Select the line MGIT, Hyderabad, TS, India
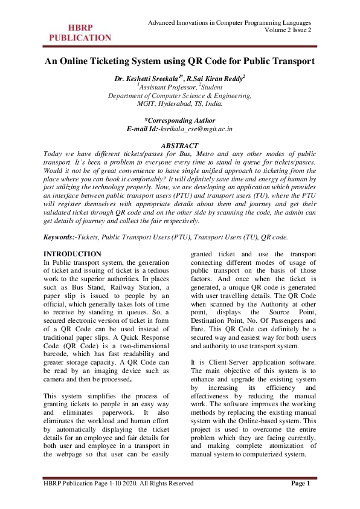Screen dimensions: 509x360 [179, 103]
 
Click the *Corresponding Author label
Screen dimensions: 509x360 [180, 120]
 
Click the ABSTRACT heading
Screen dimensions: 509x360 [179, 146]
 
